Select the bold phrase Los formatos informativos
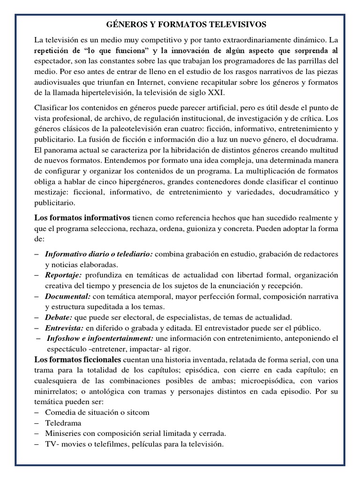click(82, 217)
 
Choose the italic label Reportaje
click(64, 275)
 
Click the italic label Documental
click(68, 297)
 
